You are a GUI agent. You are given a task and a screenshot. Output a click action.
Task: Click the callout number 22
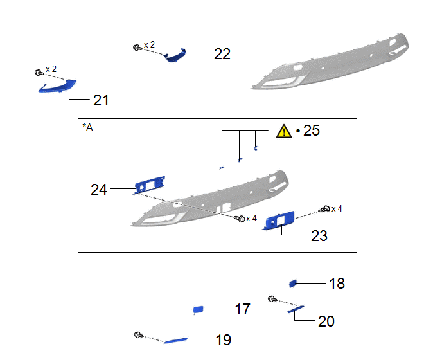tap(222, 53)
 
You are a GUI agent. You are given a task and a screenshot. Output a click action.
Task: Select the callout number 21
tap(101, 100)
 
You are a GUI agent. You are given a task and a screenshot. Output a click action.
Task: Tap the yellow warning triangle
tap(284, 131)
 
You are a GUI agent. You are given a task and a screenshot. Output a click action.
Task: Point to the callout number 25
tap(312, 130)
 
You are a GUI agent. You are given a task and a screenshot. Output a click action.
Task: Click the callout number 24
tap(99, 190)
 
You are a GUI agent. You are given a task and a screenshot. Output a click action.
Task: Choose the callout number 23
tap(319, 235)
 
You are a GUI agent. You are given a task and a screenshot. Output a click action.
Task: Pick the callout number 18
tap(337, 283)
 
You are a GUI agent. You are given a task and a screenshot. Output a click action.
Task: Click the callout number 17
tap(242, 309)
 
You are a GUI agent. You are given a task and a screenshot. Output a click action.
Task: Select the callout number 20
tap(326, 321)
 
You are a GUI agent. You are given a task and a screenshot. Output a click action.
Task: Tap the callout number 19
tap(224, 340)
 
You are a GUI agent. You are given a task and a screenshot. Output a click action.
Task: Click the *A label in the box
tap(87, 127)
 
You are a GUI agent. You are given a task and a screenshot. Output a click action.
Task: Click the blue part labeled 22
tap(175, 55)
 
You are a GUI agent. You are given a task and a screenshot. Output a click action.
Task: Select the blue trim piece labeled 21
tap(58, 87)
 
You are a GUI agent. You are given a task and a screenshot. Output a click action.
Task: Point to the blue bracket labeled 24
tap(150, 184)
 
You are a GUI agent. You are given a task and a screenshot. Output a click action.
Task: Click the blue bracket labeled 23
tap(279, 220)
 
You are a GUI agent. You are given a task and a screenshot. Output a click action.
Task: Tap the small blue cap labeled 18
tap(293, 283)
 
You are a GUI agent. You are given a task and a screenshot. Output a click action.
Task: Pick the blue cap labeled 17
tap(198, 310)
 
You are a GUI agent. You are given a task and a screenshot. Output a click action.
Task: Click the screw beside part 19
tap(138, 335)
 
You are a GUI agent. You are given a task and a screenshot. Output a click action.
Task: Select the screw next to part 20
tap(272, 299)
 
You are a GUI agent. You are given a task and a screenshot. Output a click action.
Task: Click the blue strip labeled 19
tap(175, 341)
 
